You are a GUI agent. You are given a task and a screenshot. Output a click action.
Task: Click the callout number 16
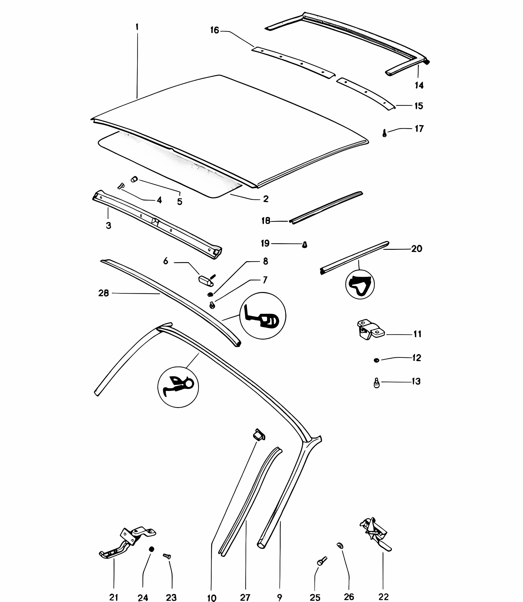point(215,30)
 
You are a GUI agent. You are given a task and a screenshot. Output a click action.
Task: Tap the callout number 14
point(419,85)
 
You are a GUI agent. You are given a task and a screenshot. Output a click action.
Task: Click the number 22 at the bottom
point(384,597)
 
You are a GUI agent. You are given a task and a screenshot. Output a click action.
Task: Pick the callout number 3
point(109,225)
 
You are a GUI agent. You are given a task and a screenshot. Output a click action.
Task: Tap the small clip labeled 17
point(385,133)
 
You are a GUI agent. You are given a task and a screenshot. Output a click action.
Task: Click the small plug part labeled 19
point(305,244)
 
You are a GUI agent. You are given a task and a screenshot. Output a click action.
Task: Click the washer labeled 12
point(377,360)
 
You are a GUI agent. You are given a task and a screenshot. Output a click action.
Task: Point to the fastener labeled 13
point(377,383)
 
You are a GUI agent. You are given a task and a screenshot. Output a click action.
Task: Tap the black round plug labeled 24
point(152,549)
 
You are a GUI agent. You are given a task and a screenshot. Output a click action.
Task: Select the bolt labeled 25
point(322,561)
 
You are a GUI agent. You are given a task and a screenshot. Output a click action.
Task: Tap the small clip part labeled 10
point(259,435)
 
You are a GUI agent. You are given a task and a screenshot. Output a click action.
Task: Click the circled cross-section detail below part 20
point(360,284)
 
